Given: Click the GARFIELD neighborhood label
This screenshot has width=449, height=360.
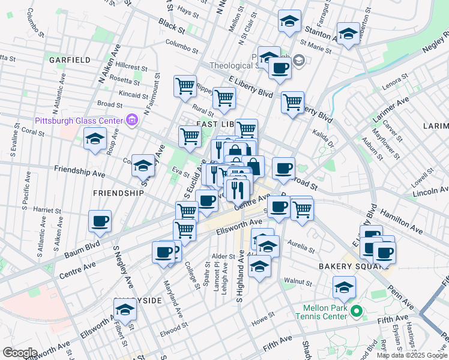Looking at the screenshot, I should [x=70, y=60].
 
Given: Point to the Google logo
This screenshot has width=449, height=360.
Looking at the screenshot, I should [x=20, y=352].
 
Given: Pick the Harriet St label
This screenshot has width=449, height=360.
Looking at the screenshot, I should [x=47, y=210].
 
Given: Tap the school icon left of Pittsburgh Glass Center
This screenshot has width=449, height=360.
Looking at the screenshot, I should [x=95, y=140].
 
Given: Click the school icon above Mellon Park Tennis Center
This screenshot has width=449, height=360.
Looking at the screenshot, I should [x=344, y=288].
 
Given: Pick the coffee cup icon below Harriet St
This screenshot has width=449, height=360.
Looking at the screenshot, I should [x=100, y=221].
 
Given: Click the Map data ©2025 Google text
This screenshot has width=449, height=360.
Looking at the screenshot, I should [x=411, y=355].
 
